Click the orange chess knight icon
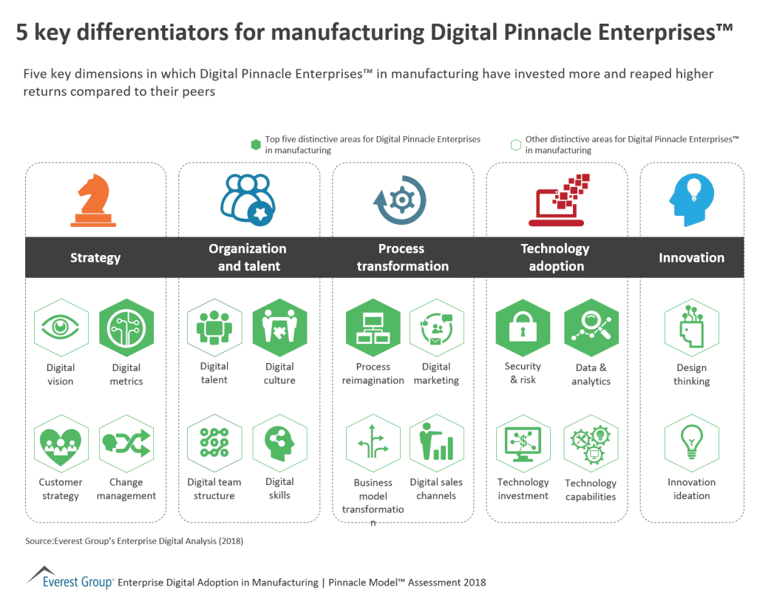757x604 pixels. (95, 200)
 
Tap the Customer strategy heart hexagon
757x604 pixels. (61, 443)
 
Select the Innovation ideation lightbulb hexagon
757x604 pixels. (691, 443)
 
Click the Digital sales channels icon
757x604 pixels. (436, 443)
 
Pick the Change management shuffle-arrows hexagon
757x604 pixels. (126, 443)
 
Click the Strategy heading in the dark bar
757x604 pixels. (95, 257)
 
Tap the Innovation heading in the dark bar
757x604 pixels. (691, 257)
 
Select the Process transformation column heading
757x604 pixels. (402, 257)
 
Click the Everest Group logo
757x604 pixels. (70, 577)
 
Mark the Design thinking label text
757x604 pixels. (691, 375)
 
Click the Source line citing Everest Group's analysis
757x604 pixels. (134, 541)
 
